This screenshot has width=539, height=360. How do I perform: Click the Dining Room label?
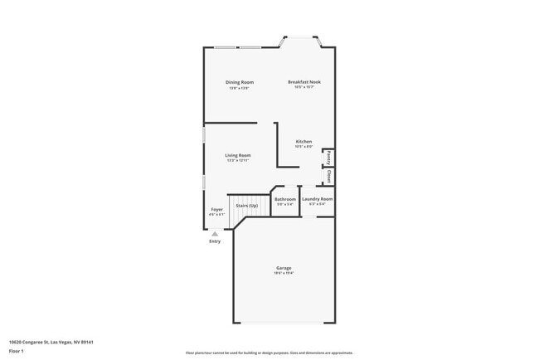click(240, 82)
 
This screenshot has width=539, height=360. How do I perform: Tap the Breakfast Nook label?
click(304, 82)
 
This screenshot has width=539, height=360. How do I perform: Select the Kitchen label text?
click(304, 142)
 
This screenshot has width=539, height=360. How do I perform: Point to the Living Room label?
click(238, 155)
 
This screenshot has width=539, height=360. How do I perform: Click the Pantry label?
click(329, 157)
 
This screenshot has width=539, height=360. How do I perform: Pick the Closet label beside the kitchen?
click(329, 176)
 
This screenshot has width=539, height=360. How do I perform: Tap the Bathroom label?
click(285, 199)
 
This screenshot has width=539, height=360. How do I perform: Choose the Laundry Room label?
click(317, 199)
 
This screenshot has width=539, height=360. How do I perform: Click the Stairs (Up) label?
click(246, 206)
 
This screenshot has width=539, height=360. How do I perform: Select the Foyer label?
click(216, 210)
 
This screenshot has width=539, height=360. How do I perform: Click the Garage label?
click(284, 267)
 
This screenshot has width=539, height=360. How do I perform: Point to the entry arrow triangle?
click(215, 234)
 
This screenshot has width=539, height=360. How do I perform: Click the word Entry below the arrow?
click(215, 241)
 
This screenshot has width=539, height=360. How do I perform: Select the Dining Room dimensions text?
click(240, 88)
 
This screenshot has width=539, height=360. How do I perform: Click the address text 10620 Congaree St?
click(51, 342)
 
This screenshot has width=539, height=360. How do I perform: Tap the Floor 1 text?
click(17, 351)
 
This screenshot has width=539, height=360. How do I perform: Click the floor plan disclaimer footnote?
click(269, 352)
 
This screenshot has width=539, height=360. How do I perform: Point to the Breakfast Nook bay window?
click(300, 38)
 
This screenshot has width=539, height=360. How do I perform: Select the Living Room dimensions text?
click(238, 161)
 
